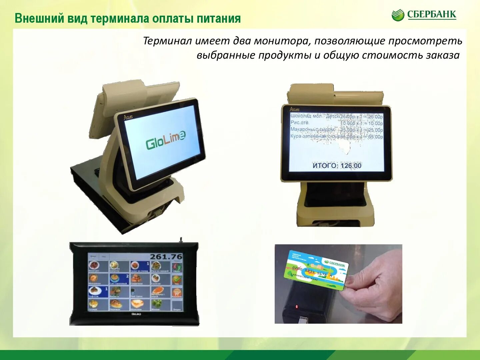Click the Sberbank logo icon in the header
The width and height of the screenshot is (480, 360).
coord(398,15)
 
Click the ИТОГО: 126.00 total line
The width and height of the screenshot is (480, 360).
coord(337,166)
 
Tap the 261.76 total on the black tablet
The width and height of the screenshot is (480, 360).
coord(166,257)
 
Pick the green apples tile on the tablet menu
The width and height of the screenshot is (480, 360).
coord(156,304)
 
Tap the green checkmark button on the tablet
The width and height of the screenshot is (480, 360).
coord(177,279)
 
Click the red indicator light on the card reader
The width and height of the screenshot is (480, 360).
coord(296,306)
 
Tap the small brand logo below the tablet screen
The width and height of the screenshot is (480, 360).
coord(136,314)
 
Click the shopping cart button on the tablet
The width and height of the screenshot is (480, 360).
coord(177,293)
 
